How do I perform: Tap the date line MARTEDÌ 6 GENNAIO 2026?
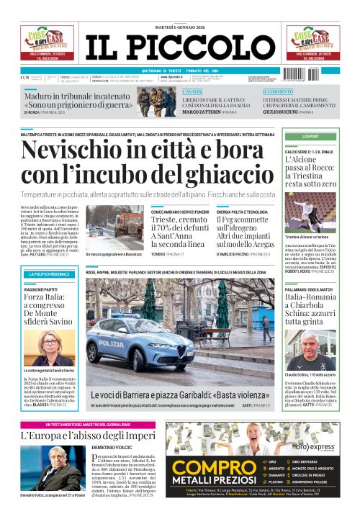(179, 27)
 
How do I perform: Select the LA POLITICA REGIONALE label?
(50, 274)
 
